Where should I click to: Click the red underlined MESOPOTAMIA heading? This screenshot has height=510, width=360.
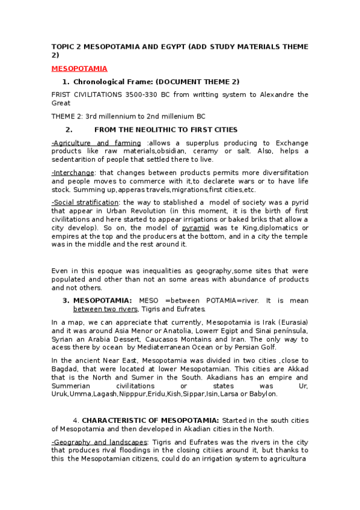coord(79,69)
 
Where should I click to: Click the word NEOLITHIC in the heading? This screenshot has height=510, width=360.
coord(155,129)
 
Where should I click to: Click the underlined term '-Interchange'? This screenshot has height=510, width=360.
coord(73,173)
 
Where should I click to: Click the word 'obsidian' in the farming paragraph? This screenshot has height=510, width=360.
coord(172,151)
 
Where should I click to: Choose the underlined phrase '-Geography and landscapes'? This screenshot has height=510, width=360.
coord(99,442)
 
